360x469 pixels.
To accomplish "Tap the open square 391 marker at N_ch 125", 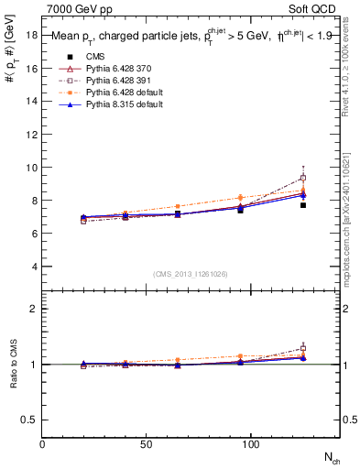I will tap(303, 178).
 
